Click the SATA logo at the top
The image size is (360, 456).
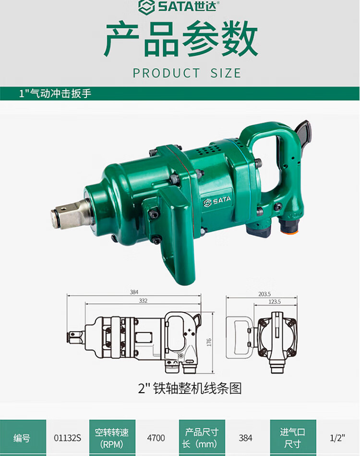click(179, 6)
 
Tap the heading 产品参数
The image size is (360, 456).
click(181, 39)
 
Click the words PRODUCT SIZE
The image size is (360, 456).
click(187, 73)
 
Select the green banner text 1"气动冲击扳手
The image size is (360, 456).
click(55, 93)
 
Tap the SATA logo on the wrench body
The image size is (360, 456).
click(217, 201)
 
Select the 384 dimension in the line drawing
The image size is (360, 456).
click(134, 292)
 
